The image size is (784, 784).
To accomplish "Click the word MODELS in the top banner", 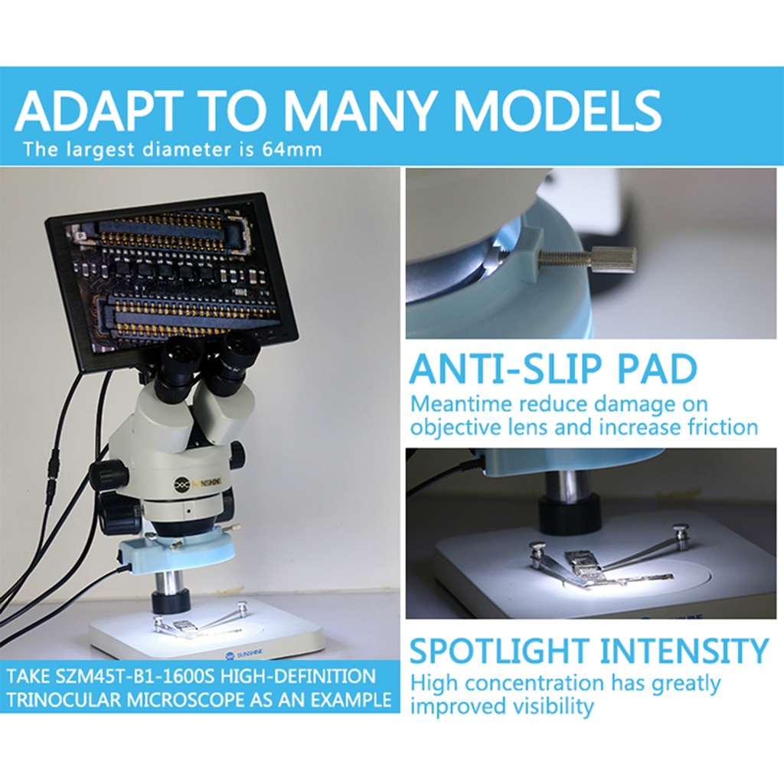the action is coord(557,111).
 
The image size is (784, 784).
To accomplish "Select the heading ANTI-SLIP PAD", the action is coord(553,368).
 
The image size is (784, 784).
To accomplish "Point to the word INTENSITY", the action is coord(684,651).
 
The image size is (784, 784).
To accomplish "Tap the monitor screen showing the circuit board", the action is coord(171,273).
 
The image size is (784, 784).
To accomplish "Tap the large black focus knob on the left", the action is coord(109,475).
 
